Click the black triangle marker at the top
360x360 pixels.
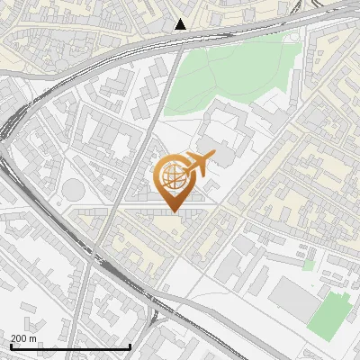coord(181,24)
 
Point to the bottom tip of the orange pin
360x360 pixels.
coord(174,211)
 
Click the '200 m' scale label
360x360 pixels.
coord(23,338)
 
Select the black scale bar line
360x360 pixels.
coord(70,346)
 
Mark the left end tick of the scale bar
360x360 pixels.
coord(11,346)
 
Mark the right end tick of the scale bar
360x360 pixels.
coord(130,346)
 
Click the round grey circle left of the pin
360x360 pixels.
coord(72,190)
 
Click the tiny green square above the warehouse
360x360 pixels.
coord(309,265)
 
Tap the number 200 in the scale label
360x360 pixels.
coord(19,338)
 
